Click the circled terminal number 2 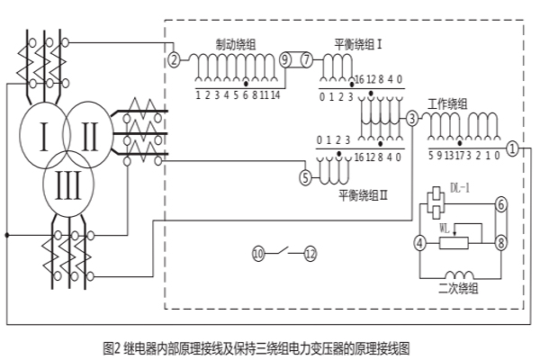pyautogui.click(x=174, y=60)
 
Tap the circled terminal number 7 pyautogui.click(x=306, y=60)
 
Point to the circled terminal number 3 pyautogui.click(x=411, y=118)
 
